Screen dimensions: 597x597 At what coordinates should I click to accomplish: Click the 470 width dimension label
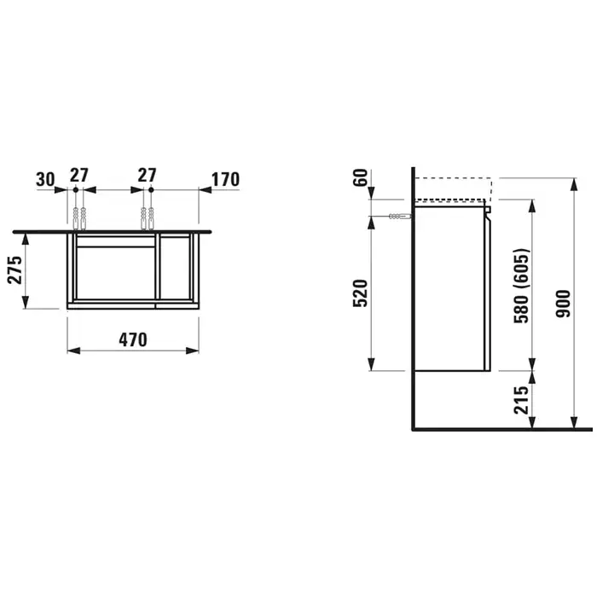pos(133,340)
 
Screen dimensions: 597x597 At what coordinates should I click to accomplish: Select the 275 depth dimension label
pos(15,270)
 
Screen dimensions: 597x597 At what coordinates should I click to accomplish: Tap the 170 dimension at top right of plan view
pos(225,180)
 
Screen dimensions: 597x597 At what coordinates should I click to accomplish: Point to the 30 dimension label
pos(46,179)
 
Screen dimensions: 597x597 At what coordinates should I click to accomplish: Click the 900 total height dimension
pos(563,304)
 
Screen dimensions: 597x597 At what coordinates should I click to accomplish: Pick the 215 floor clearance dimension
pos(521,400)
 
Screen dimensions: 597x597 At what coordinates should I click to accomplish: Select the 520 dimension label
pos(361,293)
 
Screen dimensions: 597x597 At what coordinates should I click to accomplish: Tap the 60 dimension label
pos(361,177)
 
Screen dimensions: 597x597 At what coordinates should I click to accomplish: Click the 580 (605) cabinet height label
pos(521,286)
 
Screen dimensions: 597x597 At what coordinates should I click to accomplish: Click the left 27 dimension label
pos(79,175)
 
